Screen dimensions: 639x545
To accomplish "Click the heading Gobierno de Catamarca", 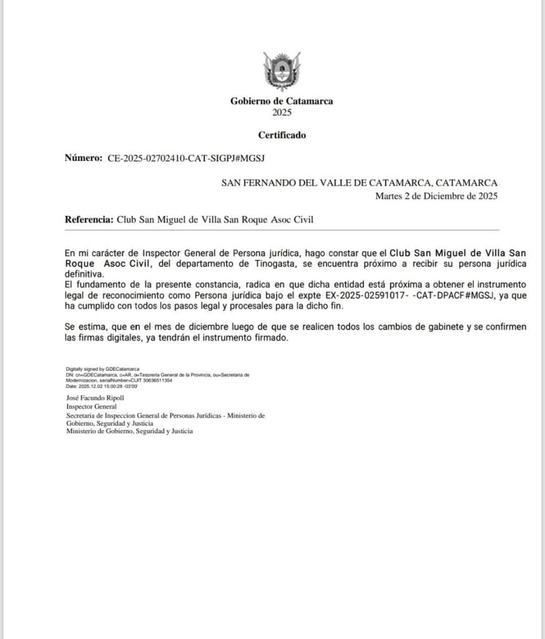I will click(x=282, y=101).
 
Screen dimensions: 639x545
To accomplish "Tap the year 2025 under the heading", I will click(x=282, y=113).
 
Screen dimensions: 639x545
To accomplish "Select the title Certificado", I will click(x=282, y=135).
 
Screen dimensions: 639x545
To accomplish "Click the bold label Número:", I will click(x=83, y=159).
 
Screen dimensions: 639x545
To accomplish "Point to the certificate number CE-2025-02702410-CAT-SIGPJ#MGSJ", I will click(x=187, y=159).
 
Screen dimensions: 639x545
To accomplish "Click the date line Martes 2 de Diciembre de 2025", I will click(x=436, y=195).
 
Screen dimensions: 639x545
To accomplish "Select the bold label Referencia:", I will click(x=90, y=220).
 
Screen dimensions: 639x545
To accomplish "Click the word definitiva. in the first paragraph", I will click(x=84, y=274).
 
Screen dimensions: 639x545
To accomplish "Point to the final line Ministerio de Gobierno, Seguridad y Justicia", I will click(x=130, y=431).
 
